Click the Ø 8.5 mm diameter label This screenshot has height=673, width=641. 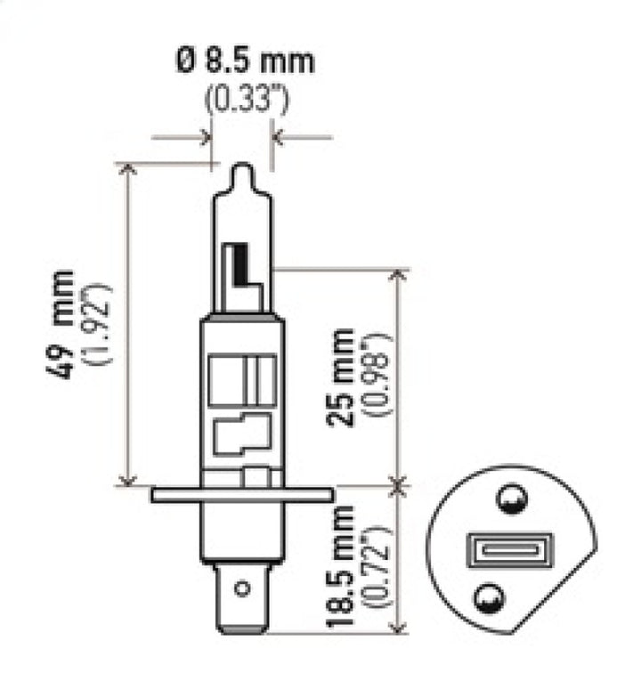click(x=245, y=62)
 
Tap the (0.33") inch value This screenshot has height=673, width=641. click(x=246, y=99)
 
